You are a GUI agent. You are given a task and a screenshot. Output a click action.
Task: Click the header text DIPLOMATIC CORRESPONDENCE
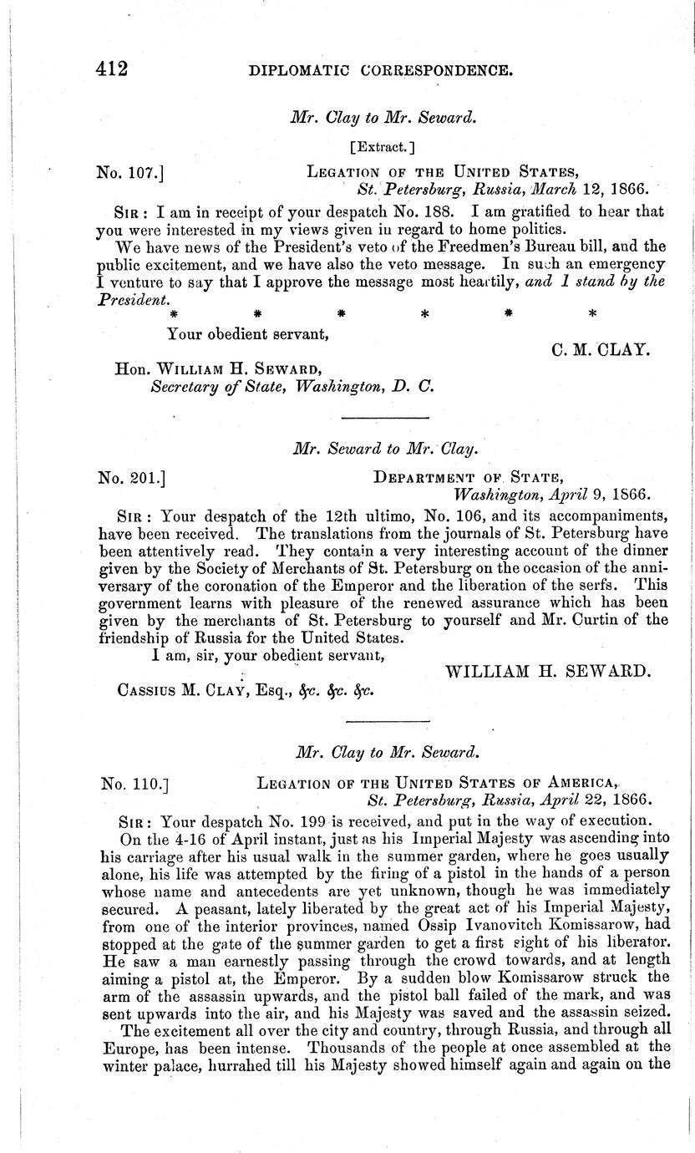point(380,71)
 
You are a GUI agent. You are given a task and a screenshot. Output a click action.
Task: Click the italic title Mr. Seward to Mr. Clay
point(385,449)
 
